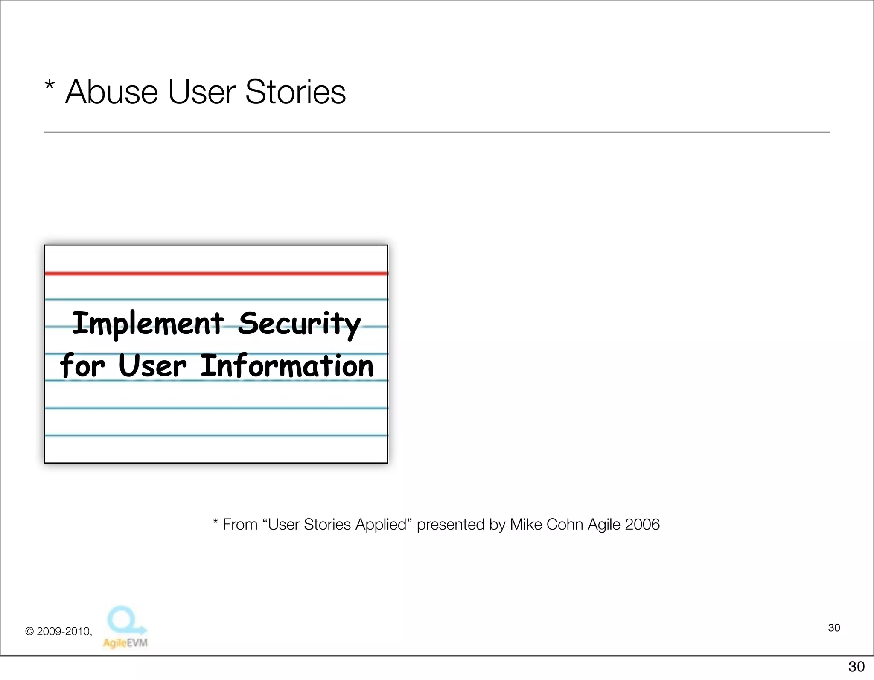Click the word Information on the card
point(287,366)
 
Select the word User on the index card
point(152,366)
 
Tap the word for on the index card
point(82,366)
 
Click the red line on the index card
point(216,273)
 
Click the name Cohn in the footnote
point(565,524)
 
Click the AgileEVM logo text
point(125,642)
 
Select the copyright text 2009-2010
point(64,631)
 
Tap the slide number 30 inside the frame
point(834,627)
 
